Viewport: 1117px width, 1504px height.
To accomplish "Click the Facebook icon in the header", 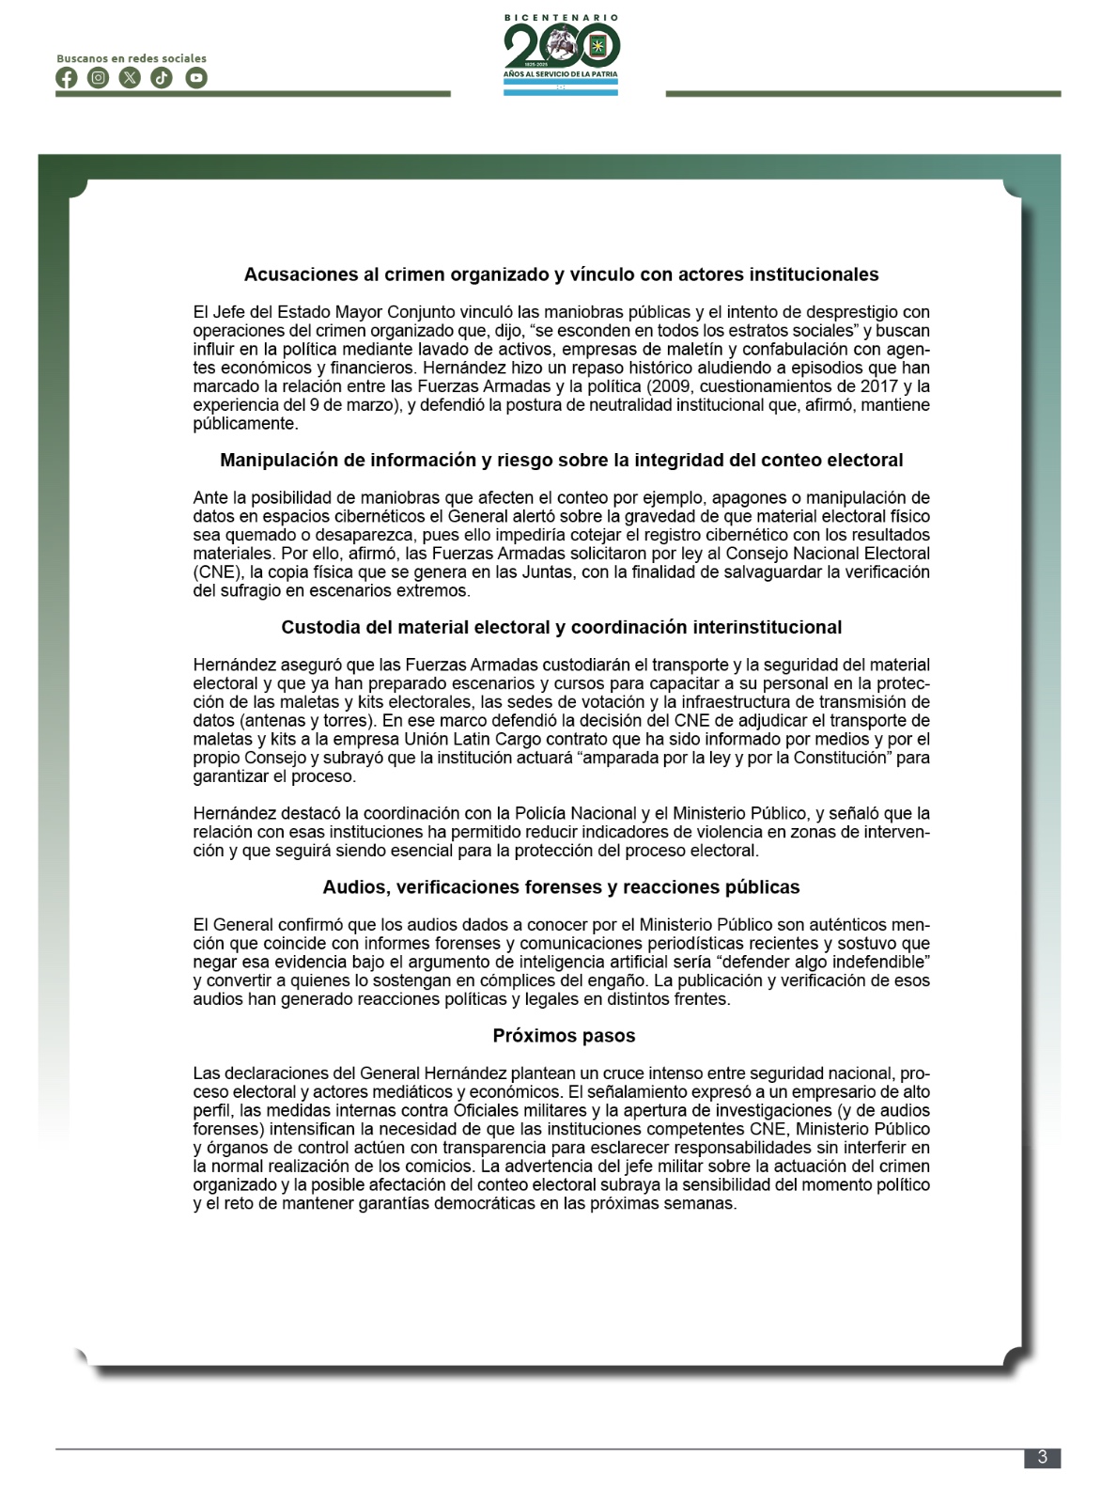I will [x=67, y=78].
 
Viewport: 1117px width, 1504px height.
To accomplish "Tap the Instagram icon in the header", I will [x=99, y=78].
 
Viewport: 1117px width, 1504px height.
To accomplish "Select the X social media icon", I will [x=131, y=78].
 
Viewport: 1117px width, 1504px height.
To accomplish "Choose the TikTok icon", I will [x=163, y=78].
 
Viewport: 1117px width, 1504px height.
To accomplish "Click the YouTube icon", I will [x=195, y=78].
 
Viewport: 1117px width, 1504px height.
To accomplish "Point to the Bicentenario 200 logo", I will [x=561, y=53].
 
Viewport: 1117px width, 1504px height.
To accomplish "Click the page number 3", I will [x=1042, y=1458].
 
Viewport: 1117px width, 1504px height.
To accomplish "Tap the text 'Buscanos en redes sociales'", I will [x=132, y=58].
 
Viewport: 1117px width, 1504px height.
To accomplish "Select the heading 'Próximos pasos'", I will [x=564, y=1036].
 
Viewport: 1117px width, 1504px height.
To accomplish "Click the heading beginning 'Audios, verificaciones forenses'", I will [x=561, y=887].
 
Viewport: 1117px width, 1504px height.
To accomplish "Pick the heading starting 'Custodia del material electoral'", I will [x=561, y=627].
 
